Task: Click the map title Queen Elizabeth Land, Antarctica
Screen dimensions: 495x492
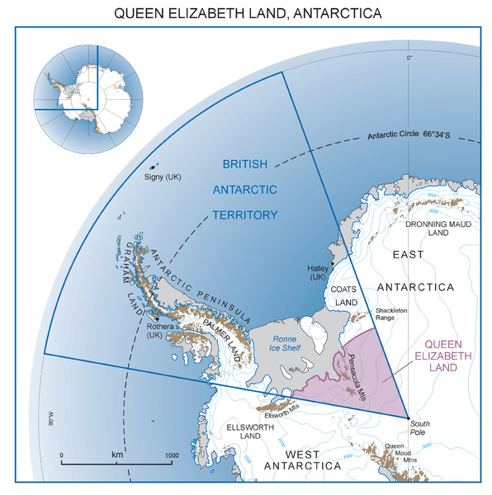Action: (x=247, y=14)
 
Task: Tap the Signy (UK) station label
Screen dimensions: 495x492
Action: (x=158, y=177)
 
